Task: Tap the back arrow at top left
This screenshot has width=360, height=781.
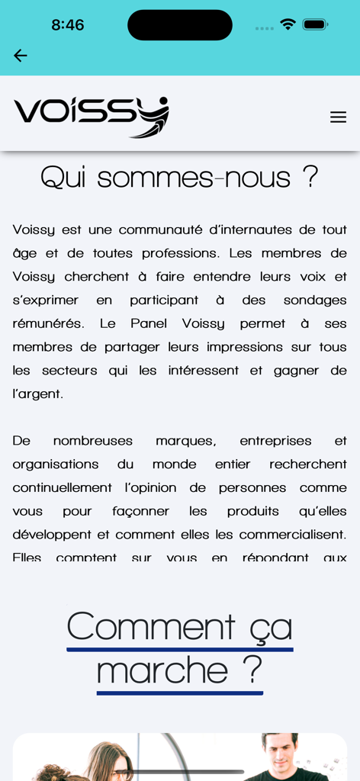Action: (x=21, y=56)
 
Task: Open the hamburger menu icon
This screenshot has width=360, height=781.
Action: (x=338, y=117)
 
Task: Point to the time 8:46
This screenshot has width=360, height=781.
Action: (x=68, y=25)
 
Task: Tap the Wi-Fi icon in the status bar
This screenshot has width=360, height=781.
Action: (x=288, y=24)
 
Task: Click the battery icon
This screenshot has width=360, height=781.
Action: (x=315, y=24)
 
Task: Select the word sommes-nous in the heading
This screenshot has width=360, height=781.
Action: (x=194, y=178)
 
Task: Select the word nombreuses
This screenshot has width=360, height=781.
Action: (x=93, y=441)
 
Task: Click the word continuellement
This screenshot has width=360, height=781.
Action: (x=63, y=488)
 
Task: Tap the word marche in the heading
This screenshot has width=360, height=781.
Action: (x=162, y=671)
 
